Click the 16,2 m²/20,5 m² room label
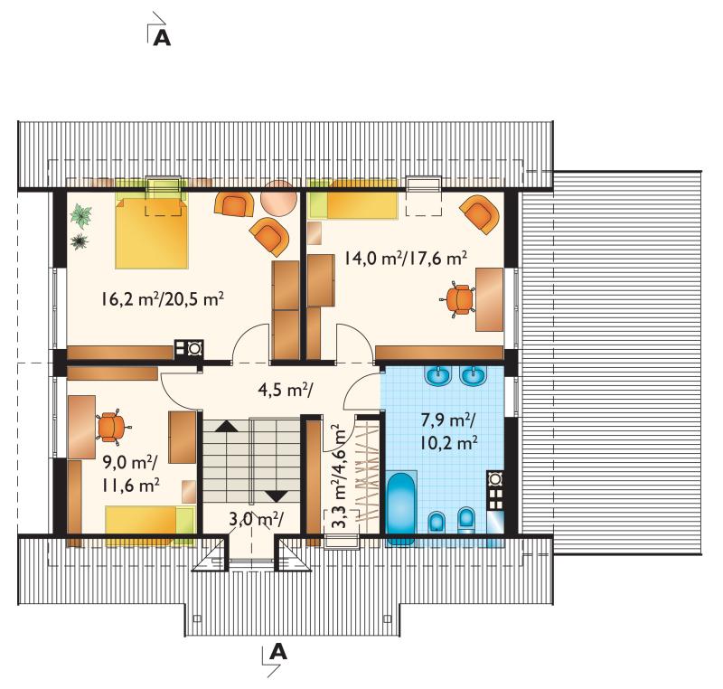point(163,300)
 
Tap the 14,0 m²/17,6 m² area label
point(405,258)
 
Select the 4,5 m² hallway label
point(286,391)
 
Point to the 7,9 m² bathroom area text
point(449,420)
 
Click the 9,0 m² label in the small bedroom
point(130,463)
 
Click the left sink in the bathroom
point(438,376)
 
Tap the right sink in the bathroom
point(474,376)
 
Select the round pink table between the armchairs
point(279,197)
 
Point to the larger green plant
point(81,216)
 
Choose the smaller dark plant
point(80,241)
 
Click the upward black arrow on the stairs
point(227,426)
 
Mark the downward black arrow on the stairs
point(277,496)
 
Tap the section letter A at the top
point(162,38)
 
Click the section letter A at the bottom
point(278,652)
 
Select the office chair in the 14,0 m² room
point(459,300)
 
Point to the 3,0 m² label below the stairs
point(257,519)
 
